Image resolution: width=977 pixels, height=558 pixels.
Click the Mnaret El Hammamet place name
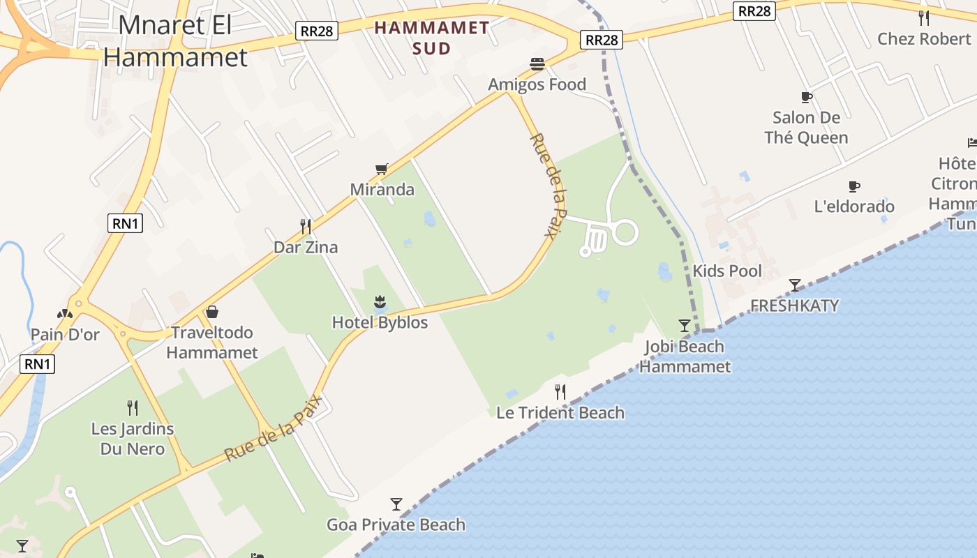tap(175, 41)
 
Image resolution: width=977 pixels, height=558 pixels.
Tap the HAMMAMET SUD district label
tap(431, 38)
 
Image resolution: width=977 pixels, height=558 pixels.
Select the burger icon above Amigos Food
tap(537, 64)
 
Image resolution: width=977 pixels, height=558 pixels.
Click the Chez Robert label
tap(924, 38)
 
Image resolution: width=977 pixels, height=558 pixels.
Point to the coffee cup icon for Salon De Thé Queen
tap(806, 98)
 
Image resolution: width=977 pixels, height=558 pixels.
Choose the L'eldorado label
tap(854, 206)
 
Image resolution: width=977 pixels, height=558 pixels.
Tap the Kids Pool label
tap(726, 271)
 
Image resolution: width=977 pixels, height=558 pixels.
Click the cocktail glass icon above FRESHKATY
tap(794, 285)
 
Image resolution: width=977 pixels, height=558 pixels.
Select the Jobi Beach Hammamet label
tap(685, 356)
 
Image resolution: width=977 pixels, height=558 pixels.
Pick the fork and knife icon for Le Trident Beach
tap(560, 391)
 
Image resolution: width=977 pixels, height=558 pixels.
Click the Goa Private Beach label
tap(396, 525)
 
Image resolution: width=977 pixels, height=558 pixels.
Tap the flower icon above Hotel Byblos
tap(380, 302)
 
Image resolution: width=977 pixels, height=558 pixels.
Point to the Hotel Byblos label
tap(380, 322)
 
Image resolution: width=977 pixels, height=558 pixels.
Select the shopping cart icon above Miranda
tap(381, 169)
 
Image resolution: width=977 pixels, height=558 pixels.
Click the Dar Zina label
tap(306, 247)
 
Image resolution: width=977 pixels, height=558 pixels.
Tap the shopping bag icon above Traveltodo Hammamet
tap(212, 312)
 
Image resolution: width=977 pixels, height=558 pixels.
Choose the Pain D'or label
tap(65, 334)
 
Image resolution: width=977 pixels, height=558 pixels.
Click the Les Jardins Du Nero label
tap(133, 438)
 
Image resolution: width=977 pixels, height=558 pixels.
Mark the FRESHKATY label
tap(794, 306)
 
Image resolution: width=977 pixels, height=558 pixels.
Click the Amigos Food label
tap(537, 84)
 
